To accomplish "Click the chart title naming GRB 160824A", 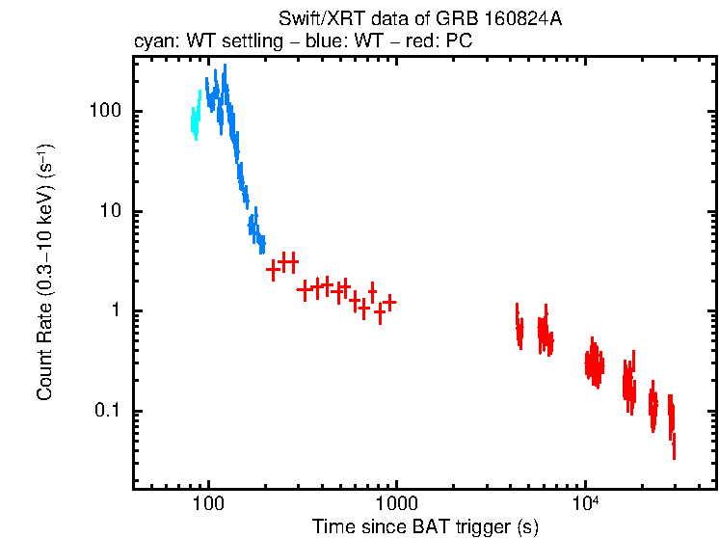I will [419, 19].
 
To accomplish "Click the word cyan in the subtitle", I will [154, 42].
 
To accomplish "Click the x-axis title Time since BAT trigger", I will [424, 526].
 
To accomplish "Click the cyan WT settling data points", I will [196, 119].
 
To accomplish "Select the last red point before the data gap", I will [389, 302].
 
